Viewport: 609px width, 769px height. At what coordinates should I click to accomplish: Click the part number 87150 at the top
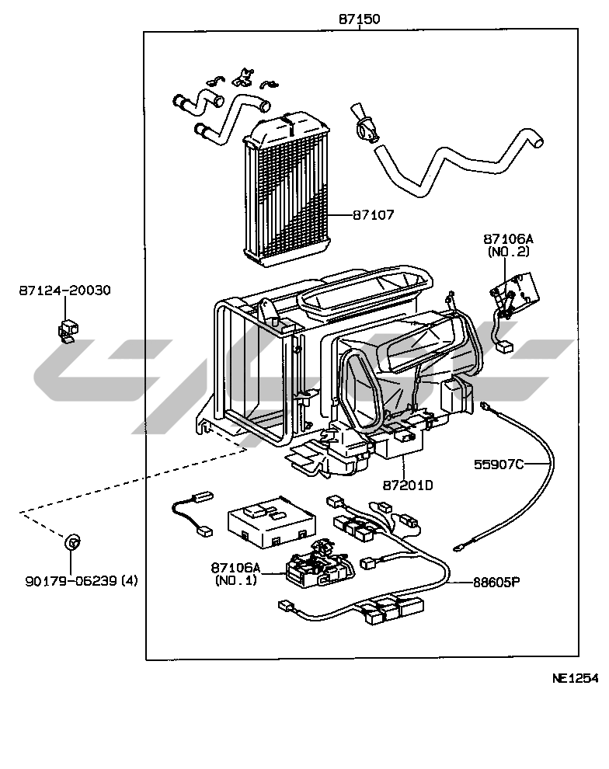pyautogui.click(x=360, y=19)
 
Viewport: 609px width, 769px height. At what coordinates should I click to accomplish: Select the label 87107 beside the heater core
pyautogui.click(x=372, y=214)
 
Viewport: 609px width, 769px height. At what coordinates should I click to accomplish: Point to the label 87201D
pyautogui.click(x=406, y=485)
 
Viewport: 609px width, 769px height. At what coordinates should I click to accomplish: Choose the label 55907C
pyautogui.click(x=499, y=465)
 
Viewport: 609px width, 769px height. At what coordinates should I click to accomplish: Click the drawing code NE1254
pyautogui.click(x=575, y=677)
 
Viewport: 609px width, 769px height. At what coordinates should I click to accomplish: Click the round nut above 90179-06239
pyautogui.click(x=71, y=542)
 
